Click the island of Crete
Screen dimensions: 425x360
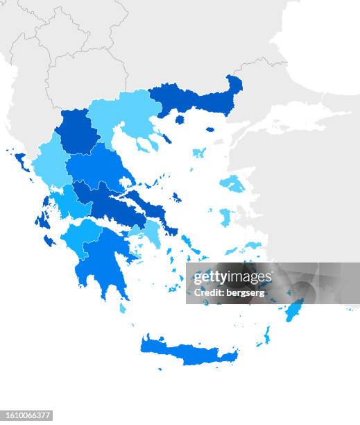(x=187, y=351)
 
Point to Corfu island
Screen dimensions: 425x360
(x=21, y=161)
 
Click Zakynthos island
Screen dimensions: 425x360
(x=49, y=240)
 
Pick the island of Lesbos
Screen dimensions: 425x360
(x=232, y=184)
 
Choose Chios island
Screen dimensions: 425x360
(x=225, y=217)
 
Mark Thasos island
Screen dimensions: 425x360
(x=180, y=119)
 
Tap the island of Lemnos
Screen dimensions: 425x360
(x=199, y=152)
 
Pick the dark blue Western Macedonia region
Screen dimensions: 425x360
(x=76, y=132)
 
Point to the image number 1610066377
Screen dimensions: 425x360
(x=27, y=415)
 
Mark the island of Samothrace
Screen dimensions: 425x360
(x=210, y=129)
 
